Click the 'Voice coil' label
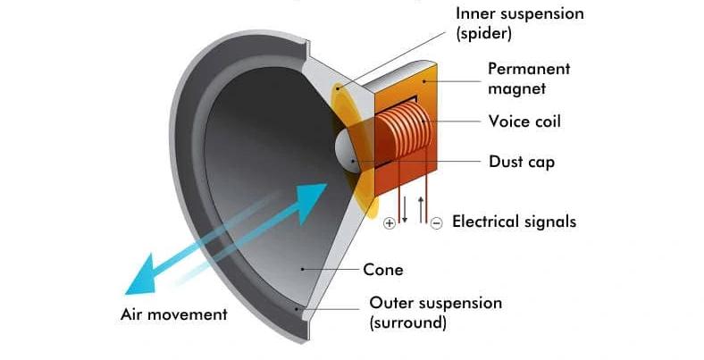point(524,121)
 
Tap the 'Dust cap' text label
point(522,162)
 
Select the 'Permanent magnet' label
point(529,79)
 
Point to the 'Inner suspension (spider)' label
point(520,23)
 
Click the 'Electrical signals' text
point(514,222)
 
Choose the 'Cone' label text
point(383,270)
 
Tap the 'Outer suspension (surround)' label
point(435,313)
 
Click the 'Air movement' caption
point(173,314)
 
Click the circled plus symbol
point(390,223)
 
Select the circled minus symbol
point(436,223)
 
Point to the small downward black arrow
point(404,210)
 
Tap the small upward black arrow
point(421,210)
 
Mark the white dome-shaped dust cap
point(347,150)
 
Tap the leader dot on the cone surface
point(303,269)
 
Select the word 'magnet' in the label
point(516,88)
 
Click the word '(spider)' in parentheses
point(483,34)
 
